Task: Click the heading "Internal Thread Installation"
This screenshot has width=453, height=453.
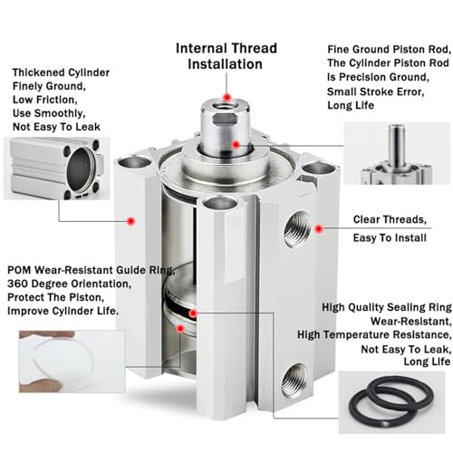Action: tap(226, 56)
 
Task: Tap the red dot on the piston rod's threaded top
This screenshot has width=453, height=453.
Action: tap(227, 98)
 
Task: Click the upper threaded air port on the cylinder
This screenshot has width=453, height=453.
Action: tap(296, 229)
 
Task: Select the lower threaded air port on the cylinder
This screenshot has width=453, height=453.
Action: tap(293, 381)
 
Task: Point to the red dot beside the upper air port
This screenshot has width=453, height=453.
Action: tap(318, 229)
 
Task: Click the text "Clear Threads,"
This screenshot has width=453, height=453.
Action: tap(390, 219)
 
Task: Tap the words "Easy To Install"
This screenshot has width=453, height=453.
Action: tap(390, 238)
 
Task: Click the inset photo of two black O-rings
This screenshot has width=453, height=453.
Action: tap(391, 402)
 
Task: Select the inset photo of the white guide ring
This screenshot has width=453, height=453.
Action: tap(72, 361)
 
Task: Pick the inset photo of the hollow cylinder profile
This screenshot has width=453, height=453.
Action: tap(56, 169)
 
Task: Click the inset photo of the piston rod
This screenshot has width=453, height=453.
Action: tap(397, 153)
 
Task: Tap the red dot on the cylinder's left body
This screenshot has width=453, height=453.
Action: tap(130, 221)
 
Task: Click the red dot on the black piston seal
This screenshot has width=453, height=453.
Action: tap(193, 313)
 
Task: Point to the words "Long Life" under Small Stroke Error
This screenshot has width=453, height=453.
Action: tap(351, 105)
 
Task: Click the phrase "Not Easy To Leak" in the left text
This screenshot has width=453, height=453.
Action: tap(56, 127)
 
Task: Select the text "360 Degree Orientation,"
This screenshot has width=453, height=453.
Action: tap(70, 284)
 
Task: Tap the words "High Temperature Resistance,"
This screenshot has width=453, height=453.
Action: tap(374, 335)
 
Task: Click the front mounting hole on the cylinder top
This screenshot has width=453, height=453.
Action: tap(219, 203)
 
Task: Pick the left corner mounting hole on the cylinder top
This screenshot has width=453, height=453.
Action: tap(134, 162)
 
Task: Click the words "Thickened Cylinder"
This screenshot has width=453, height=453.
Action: tap(61, 72)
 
